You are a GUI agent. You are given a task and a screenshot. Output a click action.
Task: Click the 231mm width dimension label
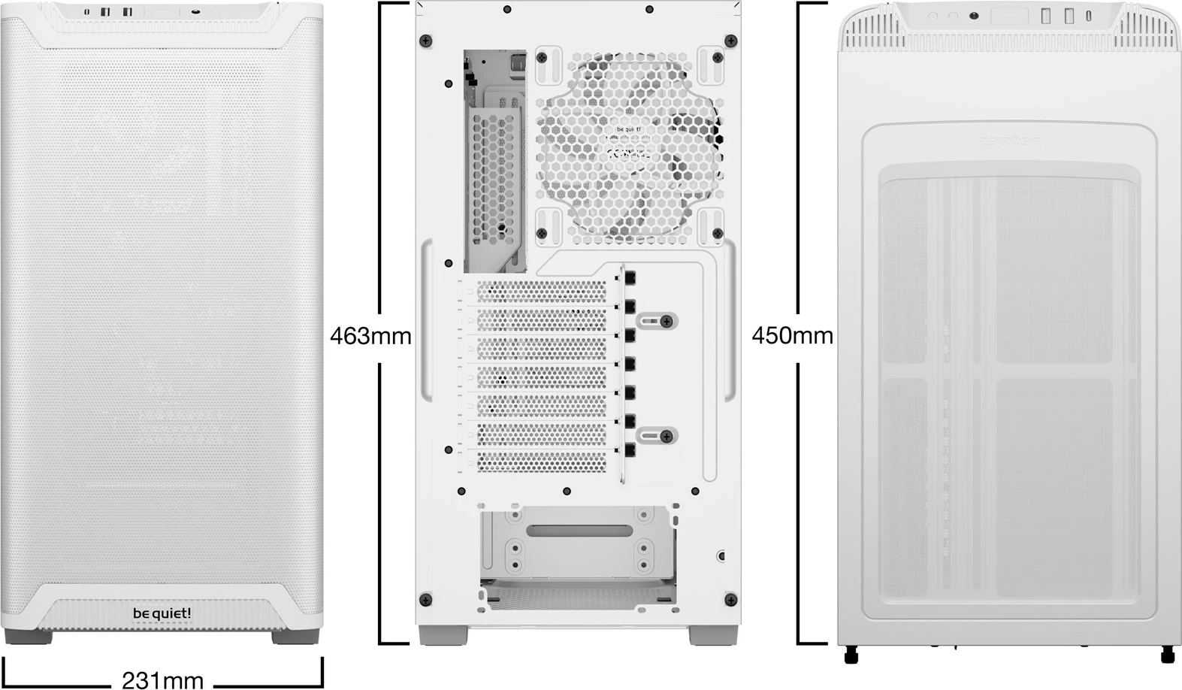coord(162,679)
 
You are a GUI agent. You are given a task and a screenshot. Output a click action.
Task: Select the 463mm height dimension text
coord(370,335)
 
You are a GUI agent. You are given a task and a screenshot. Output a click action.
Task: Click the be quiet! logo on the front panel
coord(162,613)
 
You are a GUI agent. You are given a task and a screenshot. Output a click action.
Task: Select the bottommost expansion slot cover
coord(541,462)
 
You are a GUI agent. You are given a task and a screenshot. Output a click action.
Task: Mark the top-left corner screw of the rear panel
coord(426,41)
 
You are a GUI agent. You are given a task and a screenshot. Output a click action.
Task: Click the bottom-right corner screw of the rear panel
coord(730,599)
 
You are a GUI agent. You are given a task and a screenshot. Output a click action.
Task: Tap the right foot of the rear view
coord(712,636)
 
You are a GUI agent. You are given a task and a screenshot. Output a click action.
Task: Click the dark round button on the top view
coord(974,16)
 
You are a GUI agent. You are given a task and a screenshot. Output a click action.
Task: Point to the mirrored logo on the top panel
coord(1008,141)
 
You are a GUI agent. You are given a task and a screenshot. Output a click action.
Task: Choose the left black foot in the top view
coord(851,655)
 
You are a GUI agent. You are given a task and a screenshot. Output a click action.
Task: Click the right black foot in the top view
coord(1167,655)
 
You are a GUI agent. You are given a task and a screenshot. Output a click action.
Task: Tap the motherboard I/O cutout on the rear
coord(494,162)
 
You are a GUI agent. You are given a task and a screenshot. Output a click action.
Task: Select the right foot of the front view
coord(295,637)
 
